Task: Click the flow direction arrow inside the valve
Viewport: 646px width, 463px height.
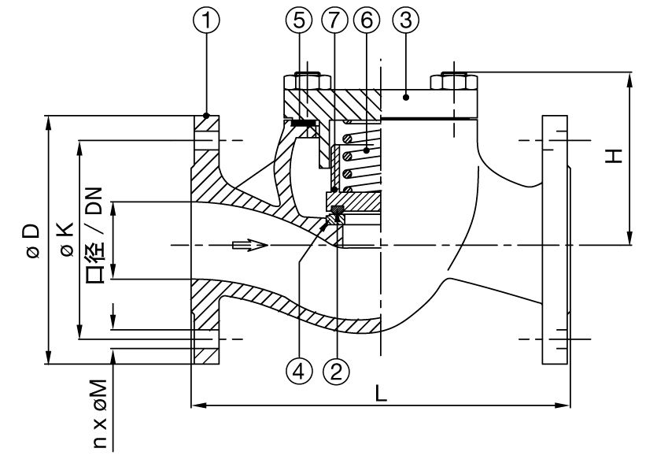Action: click(251, 246)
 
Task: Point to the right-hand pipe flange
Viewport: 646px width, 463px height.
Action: click(554, 240)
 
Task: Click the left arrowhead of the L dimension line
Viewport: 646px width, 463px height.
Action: click(197, 406)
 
